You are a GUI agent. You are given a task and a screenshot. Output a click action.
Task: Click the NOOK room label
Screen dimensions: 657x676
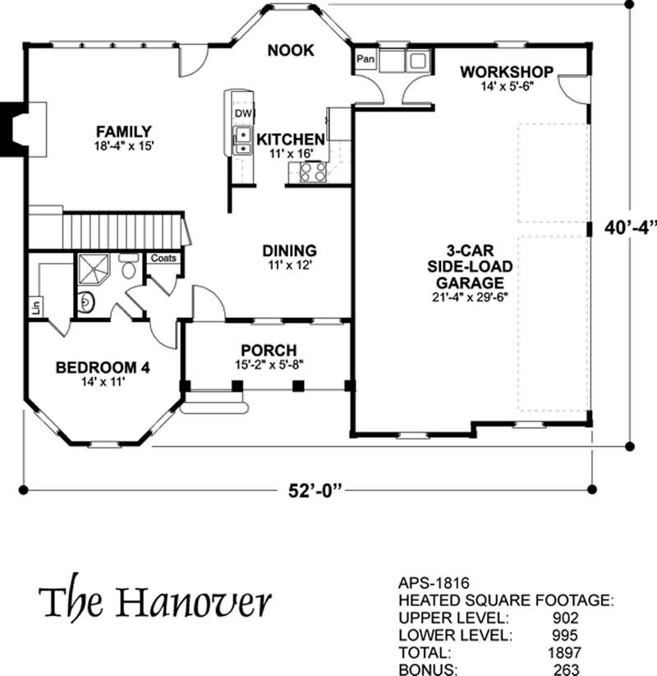click(x=291, y=50)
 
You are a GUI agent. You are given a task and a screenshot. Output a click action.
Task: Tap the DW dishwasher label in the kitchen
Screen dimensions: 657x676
click(x=243, y=113)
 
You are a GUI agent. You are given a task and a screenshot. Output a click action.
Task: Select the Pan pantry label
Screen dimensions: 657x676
click(x=365, y=58)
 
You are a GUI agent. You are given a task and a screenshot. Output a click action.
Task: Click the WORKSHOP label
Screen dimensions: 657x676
click(x=507, y=72)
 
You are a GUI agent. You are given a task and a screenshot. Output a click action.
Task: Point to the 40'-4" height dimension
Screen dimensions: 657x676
click(x=630, y=228)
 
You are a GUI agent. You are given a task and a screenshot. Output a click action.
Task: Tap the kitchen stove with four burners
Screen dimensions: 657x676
click(x=313, y=172)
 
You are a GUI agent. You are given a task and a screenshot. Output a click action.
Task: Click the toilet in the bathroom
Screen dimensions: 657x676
click(x=128, y=265)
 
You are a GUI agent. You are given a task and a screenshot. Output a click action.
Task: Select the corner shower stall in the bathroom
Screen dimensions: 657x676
click(x=93, y=268)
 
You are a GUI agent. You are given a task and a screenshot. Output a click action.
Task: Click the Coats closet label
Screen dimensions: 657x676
click(x=163, y=258)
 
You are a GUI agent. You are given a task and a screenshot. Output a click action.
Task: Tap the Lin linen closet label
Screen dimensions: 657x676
click(x=36, y=306)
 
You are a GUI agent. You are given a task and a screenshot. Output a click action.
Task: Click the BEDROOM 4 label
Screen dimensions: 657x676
click(x=103, y=368)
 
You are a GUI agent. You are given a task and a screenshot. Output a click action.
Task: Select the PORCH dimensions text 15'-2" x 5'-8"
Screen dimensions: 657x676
click(x=269, y=365)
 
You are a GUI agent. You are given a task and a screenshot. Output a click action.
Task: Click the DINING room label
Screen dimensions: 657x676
click(x=290, y=251)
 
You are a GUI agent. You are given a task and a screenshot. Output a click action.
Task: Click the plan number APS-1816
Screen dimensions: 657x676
click(x=434, y=583)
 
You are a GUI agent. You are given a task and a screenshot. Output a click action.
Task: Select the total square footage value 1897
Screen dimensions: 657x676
click(x=565, y=652)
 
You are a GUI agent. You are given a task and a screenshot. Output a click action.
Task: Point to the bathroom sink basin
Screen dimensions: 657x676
click(x=86, y=301)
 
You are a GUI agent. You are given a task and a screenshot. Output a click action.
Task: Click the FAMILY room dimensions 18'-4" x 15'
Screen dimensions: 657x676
click(x=124, y=145)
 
